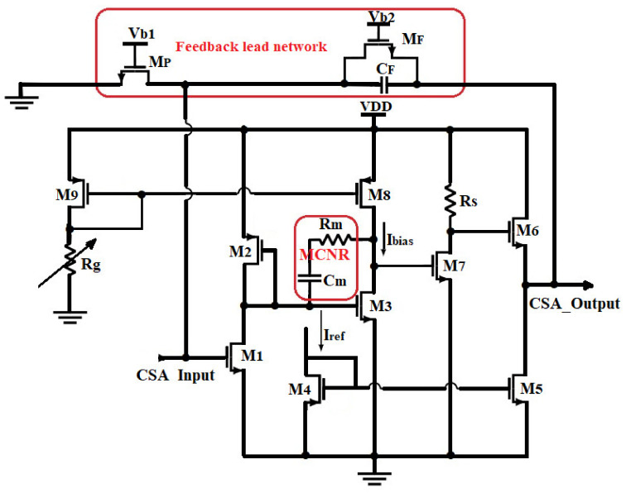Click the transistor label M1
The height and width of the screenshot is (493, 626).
coord(251,356)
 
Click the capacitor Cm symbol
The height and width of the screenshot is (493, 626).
coord(311,281)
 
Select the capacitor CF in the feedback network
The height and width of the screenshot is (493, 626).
coord(383,84)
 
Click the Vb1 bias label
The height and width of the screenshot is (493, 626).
coord(142,33)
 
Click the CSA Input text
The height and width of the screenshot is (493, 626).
coord(175,375)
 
